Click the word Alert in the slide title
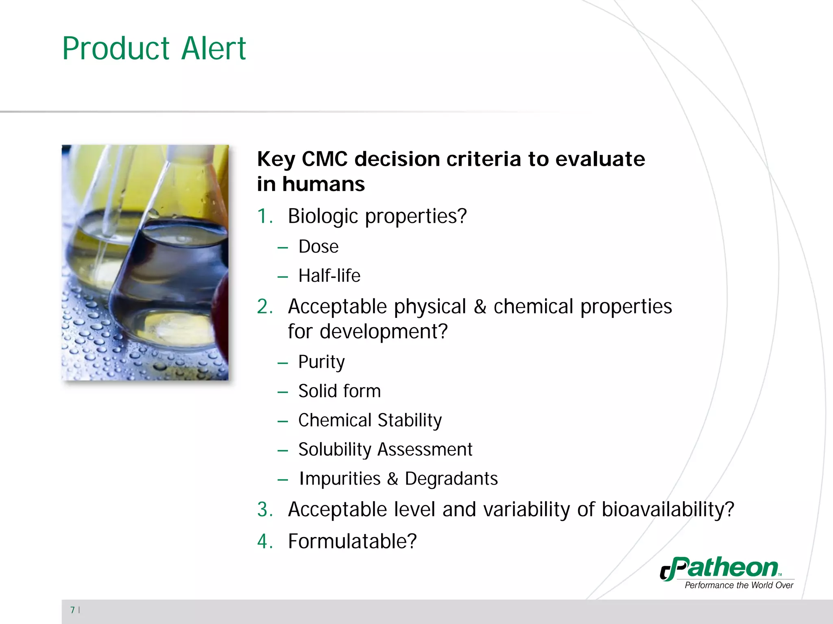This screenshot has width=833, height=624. (x=214, y=49)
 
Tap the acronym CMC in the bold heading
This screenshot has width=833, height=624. (x=324, y=159)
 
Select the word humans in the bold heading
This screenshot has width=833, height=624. (x=323, y=184)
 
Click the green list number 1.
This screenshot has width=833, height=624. (x=264, y=216)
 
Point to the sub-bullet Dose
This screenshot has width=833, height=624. (x=318, y=246)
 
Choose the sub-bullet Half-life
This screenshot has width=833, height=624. (x=329, y=276)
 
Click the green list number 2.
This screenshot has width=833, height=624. (x=265, y=307)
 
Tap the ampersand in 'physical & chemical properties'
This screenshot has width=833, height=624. (x=480, y=307)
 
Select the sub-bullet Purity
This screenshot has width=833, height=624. (x=321, y=362)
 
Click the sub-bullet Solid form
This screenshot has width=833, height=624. (x=339, y=391)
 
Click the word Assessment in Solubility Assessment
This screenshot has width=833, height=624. (x=425, y=450)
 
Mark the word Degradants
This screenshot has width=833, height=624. (x=451, y=479)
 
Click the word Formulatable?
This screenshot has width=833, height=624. (x=352, y=541)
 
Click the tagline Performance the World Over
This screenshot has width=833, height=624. (x=739, y=585)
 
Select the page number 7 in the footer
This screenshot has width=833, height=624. (x=72, y=610)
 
